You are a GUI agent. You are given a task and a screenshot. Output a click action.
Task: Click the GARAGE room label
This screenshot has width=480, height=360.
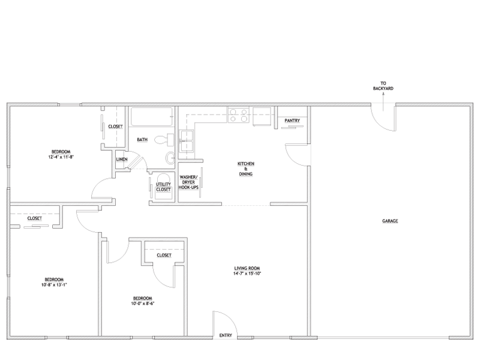pyautogui.click(x=389, y=221)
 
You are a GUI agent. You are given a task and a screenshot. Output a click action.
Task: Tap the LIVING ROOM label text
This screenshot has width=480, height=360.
pyautogui.click(x=247, y=268)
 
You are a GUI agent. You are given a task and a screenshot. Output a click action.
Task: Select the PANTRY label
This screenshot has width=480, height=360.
pyautogui.click(x=292, y=121)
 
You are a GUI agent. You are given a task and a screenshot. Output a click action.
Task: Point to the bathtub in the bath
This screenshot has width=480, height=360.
pyautogui.click(x=152, y=116)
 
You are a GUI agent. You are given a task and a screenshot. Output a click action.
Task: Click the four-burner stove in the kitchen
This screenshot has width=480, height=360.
pyautogui.click(x=238, y=115)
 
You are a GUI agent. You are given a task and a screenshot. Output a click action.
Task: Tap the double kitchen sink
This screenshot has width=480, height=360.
pyautogui.click(x=186, y=140)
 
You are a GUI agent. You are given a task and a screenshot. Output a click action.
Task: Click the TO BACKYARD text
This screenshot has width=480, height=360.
pyautogui.click(x=383, y=86)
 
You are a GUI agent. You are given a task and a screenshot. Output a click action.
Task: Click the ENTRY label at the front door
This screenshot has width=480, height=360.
pyautogui.click(x=226, y=335)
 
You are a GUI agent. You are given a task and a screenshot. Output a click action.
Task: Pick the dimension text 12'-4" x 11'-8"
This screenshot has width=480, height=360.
pyautogui.click(x=61, y=157)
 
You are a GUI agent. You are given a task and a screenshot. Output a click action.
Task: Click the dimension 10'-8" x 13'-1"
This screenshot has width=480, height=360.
pyautogui.click(x=54, y=284)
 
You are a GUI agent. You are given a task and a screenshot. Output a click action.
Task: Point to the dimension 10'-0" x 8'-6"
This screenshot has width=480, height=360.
pyautogui.click(x=142, y=304)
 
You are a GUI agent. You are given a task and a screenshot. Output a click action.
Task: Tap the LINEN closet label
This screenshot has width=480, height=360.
pyautogui.click(x=122, y=160)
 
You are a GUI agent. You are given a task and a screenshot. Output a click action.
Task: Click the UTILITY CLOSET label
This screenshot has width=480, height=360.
pyautogui.click(x=163, y=187)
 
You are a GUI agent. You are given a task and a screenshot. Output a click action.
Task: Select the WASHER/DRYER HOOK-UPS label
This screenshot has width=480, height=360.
pyautogui.click(x=188, y=182)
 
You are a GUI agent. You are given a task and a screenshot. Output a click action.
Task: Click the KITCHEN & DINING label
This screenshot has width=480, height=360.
pyautogui.click(x=246, y=169)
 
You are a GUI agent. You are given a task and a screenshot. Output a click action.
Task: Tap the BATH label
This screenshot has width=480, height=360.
pyautogui.click(x=142, y=140)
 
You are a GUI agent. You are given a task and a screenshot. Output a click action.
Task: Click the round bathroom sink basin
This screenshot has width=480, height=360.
pyautogui.click(x=170, y=158)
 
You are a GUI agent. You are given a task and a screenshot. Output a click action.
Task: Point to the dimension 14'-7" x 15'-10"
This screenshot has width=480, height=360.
pyautogui.click(x=247, y=274)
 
